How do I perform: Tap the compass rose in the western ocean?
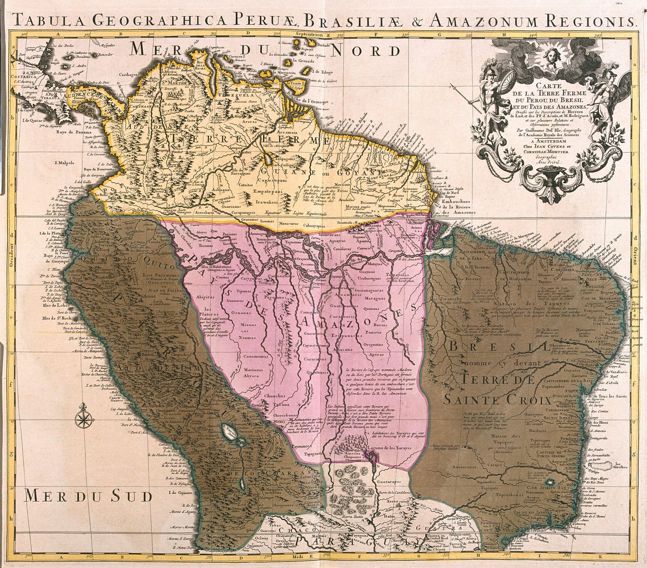coord(82,417)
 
